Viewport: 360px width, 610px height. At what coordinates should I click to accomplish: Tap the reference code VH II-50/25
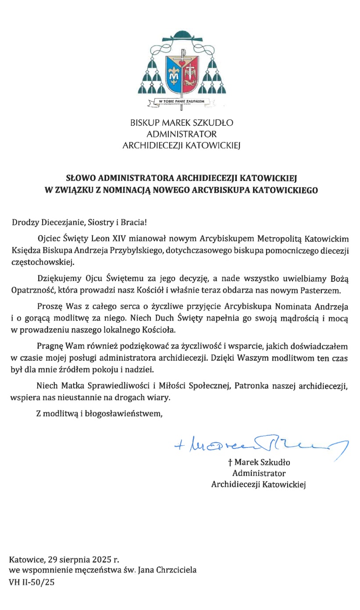[x=32, y=582]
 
